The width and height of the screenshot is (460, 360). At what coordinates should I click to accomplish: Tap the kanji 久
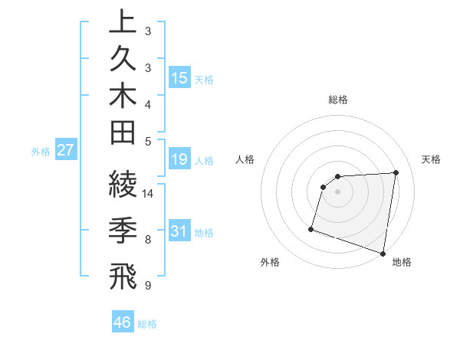point(123,61)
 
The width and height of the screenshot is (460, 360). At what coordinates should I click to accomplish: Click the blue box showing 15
point(179,78)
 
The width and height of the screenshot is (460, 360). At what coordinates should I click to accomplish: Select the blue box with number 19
point(179,159)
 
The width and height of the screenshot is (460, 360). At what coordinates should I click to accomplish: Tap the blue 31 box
point(179,231)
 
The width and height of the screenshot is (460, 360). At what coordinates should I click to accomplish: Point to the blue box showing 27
point(66,150)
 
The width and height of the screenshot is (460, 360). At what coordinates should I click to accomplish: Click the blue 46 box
point(123,322)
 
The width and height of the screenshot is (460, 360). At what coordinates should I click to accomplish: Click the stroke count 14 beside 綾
point(149,194)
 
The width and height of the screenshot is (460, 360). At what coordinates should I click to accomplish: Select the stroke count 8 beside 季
point(149,240)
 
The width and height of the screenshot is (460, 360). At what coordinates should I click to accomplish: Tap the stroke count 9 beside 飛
point(149,286)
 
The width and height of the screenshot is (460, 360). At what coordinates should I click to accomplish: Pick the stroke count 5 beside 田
point(149,141)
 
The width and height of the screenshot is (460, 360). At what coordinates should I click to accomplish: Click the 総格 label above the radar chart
point(338,100)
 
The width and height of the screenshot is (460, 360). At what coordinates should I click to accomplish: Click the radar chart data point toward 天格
point(396,172)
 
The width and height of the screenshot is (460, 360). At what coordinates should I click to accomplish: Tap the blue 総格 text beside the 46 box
point(148,324)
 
